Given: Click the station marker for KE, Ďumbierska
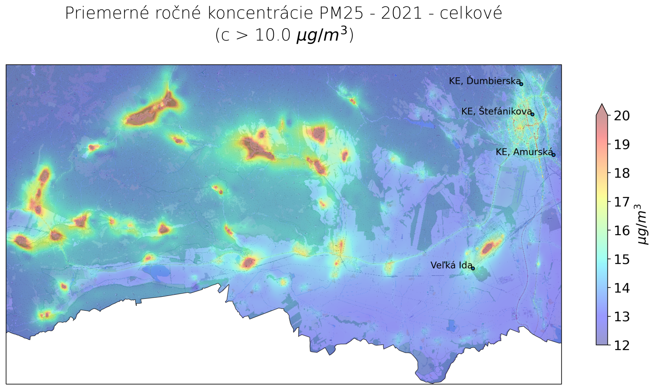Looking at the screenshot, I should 521,84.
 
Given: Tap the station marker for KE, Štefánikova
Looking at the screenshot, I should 532,114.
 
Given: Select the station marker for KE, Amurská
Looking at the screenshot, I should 553,155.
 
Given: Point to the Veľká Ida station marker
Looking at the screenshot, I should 473,268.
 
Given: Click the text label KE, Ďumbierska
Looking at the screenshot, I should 484,81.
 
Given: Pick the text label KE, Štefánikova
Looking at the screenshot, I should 496,111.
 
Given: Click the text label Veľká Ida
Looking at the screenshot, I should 451,265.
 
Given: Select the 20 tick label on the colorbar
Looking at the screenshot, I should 621,116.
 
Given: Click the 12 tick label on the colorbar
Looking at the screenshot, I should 621,345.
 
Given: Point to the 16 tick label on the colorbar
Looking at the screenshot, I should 621,231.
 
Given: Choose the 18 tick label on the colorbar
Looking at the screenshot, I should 621,173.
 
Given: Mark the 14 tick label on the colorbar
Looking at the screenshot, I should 621,288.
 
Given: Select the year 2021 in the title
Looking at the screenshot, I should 401,13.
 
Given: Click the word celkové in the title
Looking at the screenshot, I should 471,13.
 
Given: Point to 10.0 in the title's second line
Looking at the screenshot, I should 272,35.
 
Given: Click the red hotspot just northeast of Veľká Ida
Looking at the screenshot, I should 488,247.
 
